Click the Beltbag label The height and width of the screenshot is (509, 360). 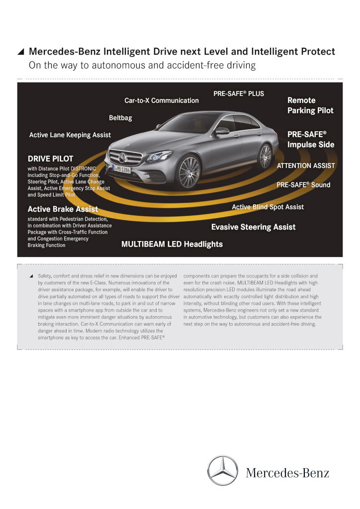point(120,118)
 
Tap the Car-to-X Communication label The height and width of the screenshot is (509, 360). point(162,100)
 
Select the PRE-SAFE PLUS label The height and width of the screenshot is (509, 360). point(239,93)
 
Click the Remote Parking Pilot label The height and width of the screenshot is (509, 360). point(310,105)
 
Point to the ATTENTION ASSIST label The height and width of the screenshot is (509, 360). point(306,166)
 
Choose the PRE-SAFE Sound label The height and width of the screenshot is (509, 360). point(303,185)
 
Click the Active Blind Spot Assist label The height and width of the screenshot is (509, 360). point(268,207)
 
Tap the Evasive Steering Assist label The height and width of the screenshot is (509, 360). point(254,227)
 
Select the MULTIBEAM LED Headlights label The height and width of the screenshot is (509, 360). point(172,244)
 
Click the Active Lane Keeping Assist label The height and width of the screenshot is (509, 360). point(70,135)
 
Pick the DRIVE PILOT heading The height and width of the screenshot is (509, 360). point(51,159)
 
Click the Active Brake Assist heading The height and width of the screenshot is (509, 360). point(63,209)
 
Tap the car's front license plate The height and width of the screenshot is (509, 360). point(121,169)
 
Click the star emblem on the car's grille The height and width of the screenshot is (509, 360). point(122,158)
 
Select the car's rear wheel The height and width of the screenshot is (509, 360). point(266,156)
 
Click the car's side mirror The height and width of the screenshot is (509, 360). point(221,131)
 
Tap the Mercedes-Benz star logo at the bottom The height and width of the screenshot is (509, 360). point(223,470)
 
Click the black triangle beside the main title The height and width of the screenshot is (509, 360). point(21,52)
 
